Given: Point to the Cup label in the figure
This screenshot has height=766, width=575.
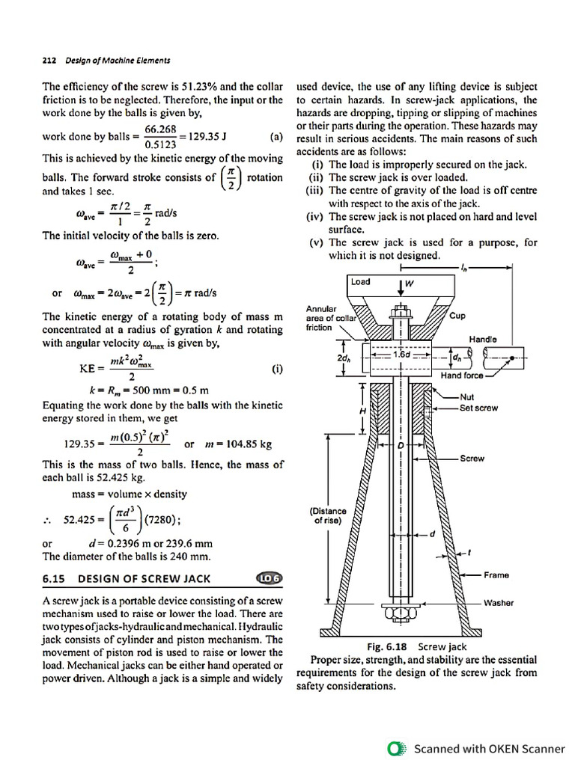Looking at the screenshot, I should pyautogui.click(x=457, y=316).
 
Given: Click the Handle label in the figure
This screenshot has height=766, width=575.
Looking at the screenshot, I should pyautogui.click(x=484, y=339).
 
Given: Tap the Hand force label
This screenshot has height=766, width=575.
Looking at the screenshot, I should pyautogui.click(x=462, y=375).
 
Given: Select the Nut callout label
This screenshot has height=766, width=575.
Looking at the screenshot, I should pyautogui.click(x=467, y=397).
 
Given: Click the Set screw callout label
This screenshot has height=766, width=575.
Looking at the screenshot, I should pyautogui.click(x=479, y=408).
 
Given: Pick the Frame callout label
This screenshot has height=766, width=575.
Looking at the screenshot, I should pyautogui.click(x=496, y=574).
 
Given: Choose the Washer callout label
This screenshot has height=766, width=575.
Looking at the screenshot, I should pyautogui.click(x=499, y=602).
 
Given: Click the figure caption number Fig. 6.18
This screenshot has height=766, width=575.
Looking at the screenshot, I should pyautogui.click(x=386, y=646).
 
